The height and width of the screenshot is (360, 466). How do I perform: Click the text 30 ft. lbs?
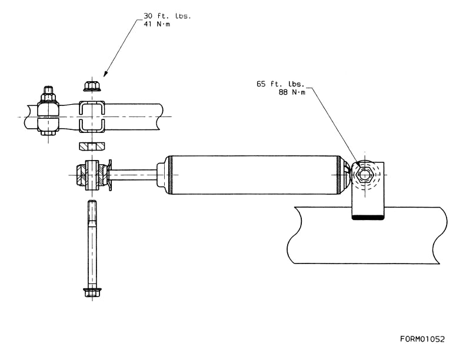tap(167, 16)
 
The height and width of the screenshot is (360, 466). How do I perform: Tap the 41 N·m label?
tap(157, 24)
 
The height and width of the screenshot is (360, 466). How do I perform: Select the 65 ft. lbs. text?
tap(281, 84)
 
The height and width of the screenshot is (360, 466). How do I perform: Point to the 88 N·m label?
tap(292, 92)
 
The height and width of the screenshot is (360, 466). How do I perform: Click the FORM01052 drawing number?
tap(422, 339)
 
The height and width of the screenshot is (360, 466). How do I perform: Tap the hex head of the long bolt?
tap(92, 292)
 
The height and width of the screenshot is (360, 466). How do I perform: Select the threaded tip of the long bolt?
tap(92, 209)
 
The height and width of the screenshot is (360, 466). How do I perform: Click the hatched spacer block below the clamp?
tap(92, 146)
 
